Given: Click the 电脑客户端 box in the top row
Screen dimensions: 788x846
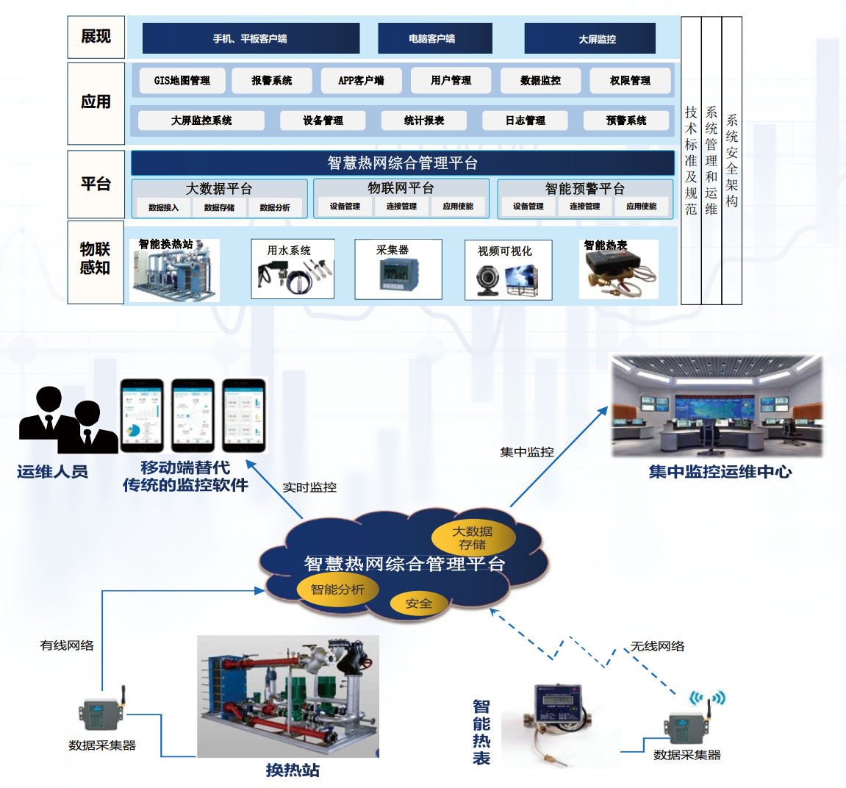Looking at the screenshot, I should point(434,38).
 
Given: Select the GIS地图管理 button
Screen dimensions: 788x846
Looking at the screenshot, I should point(182,80).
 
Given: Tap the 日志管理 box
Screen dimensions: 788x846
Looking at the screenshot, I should point(525,121).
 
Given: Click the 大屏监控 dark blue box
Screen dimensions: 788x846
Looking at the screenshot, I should point(589,38).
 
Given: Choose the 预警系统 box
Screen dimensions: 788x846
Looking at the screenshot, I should point(626,121).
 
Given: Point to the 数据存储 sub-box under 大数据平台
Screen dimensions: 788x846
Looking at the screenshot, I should point(219,207).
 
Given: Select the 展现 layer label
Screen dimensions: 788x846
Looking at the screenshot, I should point(96,37).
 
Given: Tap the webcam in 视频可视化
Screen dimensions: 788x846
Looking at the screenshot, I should point(487,279).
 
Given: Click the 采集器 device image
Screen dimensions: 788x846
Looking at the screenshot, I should point(398,275).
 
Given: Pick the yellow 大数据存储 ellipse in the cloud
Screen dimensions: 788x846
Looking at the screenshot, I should point(473,537).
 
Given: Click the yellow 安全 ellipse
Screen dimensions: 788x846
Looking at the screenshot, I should point(418,603).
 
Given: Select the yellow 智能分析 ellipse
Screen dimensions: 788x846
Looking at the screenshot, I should point(337,590).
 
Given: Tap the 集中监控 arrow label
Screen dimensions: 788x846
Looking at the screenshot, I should point(526,452).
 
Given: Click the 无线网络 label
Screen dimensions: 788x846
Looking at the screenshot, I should point(657,646).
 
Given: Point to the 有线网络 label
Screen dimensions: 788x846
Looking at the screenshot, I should point(67,645).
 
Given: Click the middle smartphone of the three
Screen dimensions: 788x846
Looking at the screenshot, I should point(193,415).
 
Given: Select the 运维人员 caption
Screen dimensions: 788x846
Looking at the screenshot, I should point(53,472).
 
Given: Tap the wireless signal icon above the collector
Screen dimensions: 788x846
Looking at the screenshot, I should point(707,698).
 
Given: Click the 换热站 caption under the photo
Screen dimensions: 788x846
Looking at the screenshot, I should point(293,770).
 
